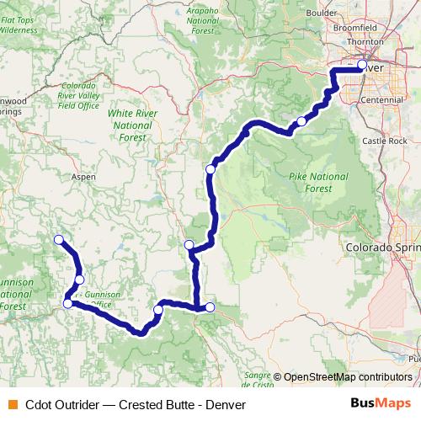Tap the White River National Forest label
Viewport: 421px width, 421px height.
(x=130, y=125)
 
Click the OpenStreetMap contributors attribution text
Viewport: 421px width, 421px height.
(x=347, y=376)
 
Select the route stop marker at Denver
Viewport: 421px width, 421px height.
(x=362, y=65)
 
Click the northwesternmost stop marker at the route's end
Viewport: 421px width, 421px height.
(x=59, y=240)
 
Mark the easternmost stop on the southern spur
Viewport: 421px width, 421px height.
(x=210, y=307)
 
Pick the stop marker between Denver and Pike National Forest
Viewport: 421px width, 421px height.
(x=301, y=121)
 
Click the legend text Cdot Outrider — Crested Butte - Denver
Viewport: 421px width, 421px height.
(x=135, y=403)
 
